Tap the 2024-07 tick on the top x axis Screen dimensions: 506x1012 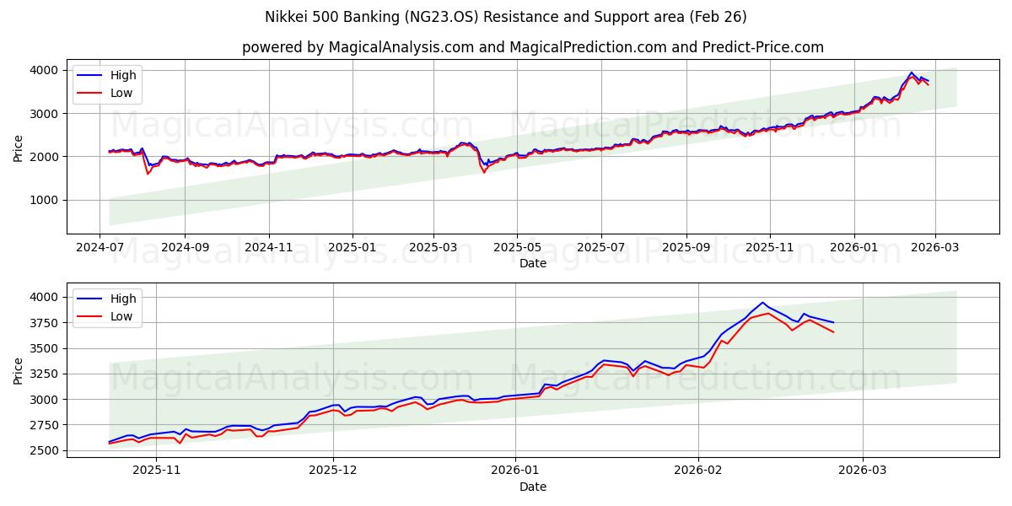click(x=101, y=247)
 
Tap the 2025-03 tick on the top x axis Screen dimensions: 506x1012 click(x=433, y=247)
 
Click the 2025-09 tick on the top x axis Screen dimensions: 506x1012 click(x=686, y=247)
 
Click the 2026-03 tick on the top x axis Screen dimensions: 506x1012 click(x=934, y=247)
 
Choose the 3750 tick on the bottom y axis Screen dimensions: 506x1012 click(x=46, y=323)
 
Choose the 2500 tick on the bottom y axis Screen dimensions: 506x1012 click(x=46, y=450)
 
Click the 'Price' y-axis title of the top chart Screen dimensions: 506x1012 click(x=19, y=147)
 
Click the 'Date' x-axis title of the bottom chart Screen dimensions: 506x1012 click(x=533, y=487)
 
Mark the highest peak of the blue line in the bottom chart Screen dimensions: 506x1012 click(x=762, y=302)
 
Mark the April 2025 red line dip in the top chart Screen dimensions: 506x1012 click(x=484, y=173)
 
